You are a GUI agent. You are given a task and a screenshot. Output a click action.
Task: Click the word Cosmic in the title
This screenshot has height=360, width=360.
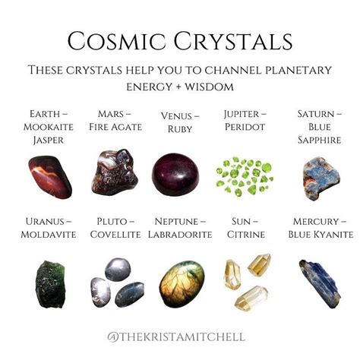pos(116,41)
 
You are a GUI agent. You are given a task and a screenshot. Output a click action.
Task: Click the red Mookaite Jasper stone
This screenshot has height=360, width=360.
pos(50,177)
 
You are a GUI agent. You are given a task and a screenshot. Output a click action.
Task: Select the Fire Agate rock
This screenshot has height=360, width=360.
pos(115,172)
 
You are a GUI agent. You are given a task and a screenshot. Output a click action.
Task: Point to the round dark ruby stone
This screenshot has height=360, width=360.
pos(175,175)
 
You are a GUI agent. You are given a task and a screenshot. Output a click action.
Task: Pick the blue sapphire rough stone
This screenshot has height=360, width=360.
pos(321,178)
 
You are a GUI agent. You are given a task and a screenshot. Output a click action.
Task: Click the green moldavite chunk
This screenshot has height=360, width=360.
pos(50,284)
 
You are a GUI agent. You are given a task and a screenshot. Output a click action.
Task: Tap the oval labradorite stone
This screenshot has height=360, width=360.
pos(182,284)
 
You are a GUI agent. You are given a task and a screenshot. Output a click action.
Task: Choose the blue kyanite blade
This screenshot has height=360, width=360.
pos(320,283)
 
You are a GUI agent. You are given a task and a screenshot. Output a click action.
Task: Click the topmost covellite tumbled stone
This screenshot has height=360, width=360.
pos(118,270)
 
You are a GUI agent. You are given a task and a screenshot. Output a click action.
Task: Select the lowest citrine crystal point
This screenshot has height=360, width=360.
pos(251,298)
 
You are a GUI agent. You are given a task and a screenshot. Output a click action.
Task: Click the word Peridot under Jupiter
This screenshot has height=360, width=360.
pos(245,127)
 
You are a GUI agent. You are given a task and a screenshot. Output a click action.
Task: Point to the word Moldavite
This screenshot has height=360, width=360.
pos(49,235)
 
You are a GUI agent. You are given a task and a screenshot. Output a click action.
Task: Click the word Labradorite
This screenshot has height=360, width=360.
pos(180,235)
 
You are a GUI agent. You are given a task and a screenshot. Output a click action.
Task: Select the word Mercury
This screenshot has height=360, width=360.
pos(316,222)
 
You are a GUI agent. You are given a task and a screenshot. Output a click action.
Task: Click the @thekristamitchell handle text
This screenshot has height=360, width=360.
pos(176,337)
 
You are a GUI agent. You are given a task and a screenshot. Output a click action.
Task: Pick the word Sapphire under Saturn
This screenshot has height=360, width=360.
pos(319,140)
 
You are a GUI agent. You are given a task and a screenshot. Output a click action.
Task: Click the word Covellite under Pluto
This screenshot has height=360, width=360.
pos(115,235)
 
